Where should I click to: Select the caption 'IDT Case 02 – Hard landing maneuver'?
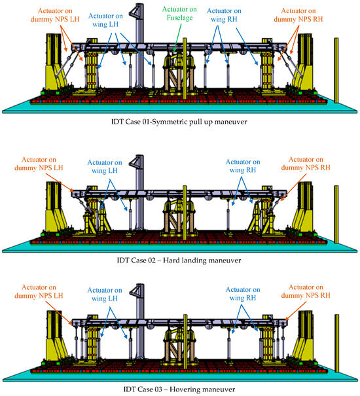coord(180,260)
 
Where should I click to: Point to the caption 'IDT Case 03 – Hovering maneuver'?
coord(180,389)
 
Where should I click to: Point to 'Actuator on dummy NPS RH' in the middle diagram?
coord(315,163)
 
